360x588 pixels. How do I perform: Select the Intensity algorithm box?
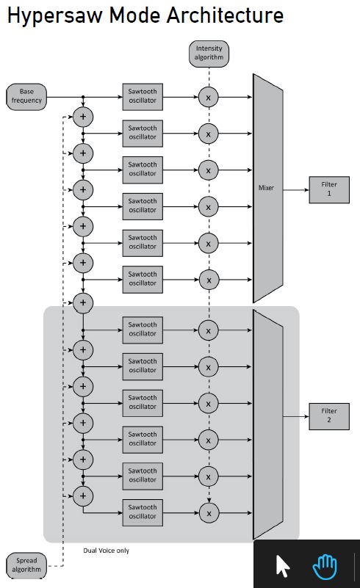(x=209, y=54)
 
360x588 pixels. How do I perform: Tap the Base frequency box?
(x=26, y=95)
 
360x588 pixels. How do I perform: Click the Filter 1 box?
(x=329, y=189)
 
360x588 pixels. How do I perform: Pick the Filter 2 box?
(x=329, y=416)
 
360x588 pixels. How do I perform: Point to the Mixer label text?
(x=266, y=188)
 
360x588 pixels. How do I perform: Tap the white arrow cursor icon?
(x=283, y=567)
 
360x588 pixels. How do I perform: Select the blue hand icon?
(x=324, y=567)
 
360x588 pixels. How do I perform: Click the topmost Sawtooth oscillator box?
(x=143, y=95)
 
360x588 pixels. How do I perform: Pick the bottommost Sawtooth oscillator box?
(x=143, y=512)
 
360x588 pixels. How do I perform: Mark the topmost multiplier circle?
(x=209, y=96)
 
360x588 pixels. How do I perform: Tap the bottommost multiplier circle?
(x=209, y=512)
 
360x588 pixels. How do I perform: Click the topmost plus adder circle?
(x=82, y=116)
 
